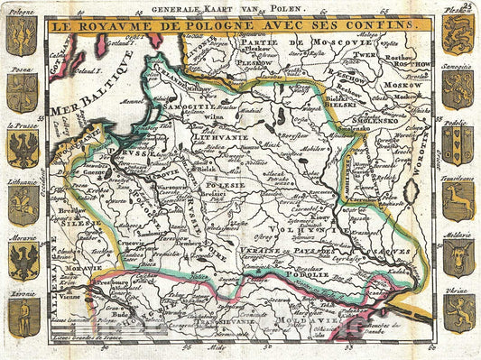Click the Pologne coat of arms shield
[22, 35]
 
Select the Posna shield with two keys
[22, 90]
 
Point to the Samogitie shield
[458, 90]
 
